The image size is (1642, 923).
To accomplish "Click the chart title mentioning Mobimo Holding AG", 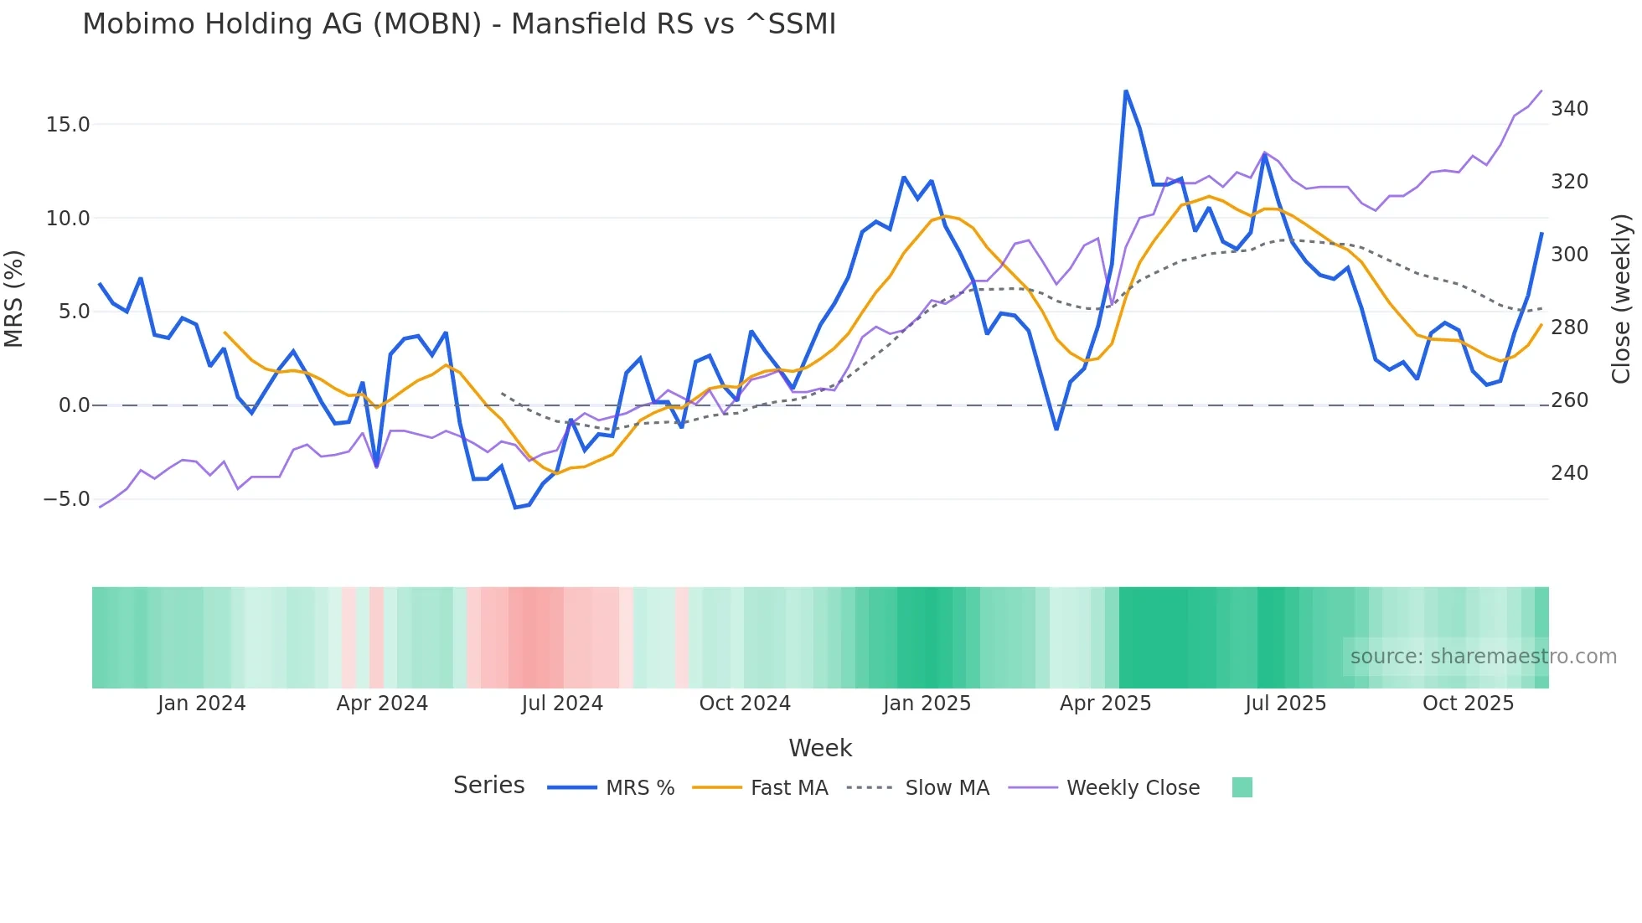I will [459, 24].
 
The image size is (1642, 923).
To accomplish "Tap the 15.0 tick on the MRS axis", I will [67, 125].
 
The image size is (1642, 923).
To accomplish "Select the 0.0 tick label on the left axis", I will [74, 405].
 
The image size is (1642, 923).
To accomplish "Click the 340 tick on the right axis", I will [1569, 109].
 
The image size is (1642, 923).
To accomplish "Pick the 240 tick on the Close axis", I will [1569, 473].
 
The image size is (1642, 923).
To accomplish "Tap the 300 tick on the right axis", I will [1569, 255].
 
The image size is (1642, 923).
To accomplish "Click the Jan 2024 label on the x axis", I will [201, 704].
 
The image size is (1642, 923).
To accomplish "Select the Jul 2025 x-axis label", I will [1285, 704].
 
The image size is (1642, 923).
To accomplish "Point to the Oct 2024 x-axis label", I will [745, 704].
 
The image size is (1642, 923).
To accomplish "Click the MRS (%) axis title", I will [14, 299].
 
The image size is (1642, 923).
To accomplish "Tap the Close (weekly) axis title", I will [1621, 299].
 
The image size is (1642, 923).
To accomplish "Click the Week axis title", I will [820, 748].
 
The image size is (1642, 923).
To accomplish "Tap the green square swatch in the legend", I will [1242, 787].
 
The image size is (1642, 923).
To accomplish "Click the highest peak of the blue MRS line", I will [1126, 91].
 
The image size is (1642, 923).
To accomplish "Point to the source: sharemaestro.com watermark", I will [1483, 657].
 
